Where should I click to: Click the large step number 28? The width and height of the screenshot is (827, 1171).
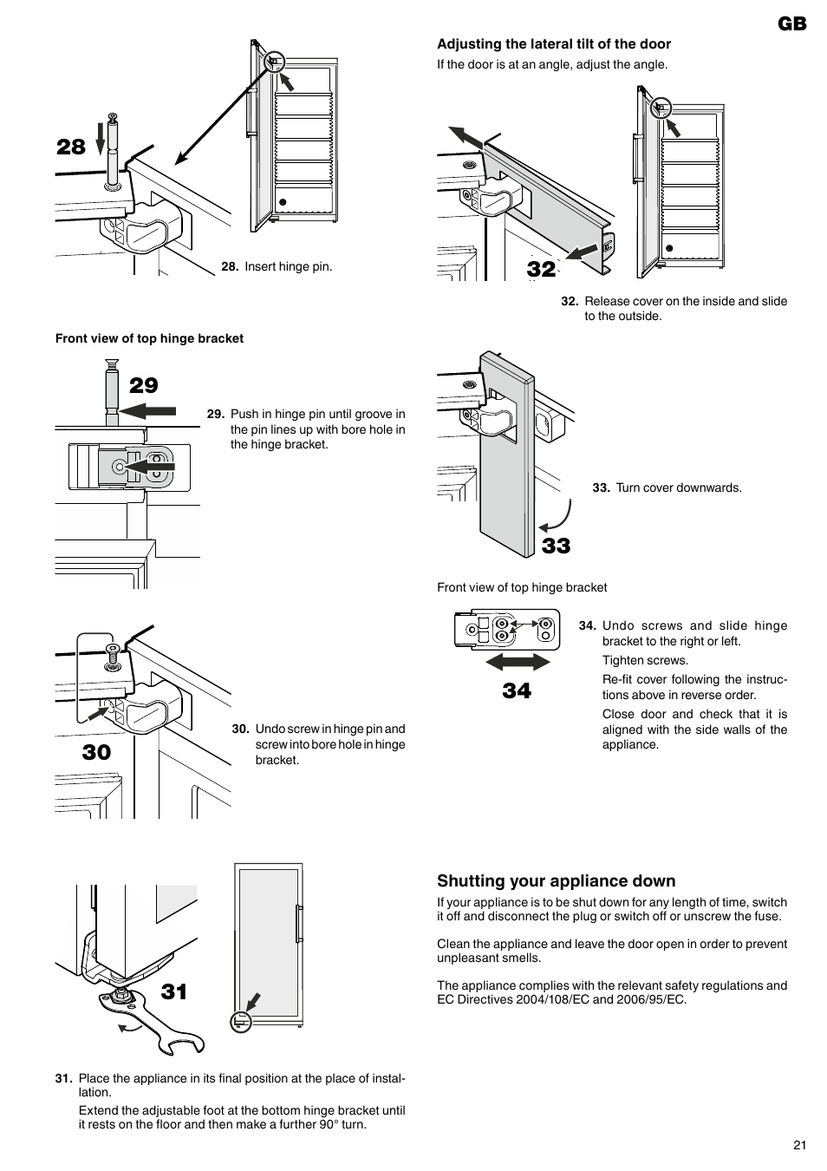click(71, 147)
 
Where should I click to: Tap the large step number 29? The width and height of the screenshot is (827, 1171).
click(144, 385)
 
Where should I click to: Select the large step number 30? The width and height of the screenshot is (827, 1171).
click(97, 752)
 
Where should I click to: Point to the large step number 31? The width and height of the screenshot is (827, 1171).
click(174, 991)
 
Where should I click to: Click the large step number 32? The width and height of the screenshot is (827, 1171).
click(541, 269)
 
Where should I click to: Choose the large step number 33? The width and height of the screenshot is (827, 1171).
click(557, 546)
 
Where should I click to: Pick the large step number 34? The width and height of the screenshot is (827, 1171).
click(517, 690)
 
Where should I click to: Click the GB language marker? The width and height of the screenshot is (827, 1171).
click(791, 23)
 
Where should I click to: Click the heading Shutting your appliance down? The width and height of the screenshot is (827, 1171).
click(556, 881)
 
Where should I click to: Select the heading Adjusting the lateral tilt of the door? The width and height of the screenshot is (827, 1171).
click(554, 44)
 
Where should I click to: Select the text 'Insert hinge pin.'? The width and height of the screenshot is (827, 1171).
click(288, 266)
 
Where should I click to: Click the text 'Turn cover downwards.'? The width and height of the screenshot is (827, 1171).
click(679, 487)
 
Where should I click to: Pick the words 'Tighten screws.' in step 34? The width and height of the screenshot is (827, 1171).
click(645, 661)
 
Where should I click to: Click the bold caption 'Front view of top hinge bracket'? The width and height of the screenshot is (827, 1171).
click(149, 338)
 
